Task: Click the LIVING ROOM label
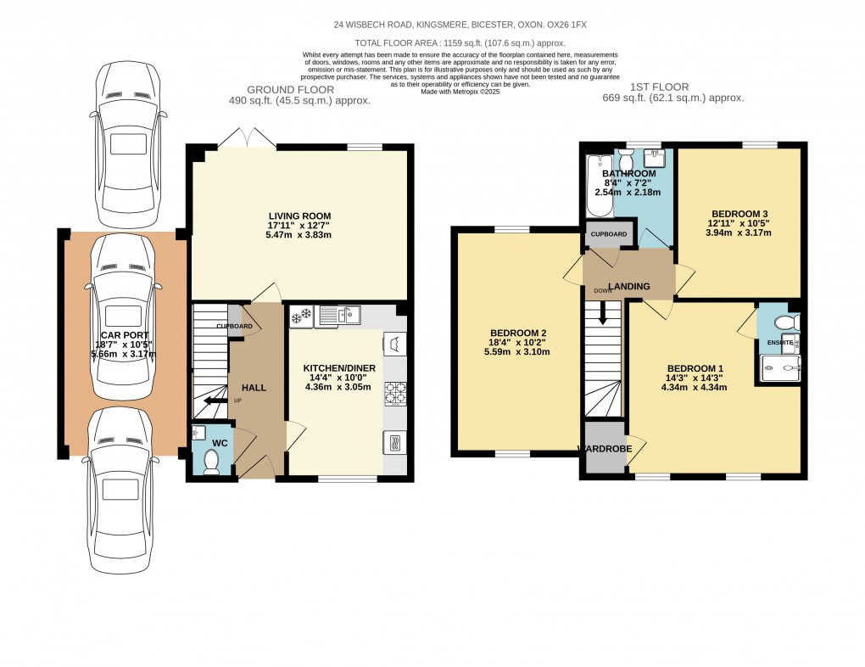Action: click(300, 216)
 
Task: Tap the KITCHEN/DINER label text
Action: click(339, 368)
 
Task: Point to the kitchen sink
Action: click(338, 317)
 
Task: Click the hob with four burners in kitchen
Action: click(395, 394)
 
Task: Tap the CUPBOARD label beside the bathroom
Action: click(608, 234)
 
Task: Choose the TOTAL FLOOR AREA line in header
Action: click(460, 42)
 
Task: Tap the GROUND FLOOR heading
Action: click(290, 89)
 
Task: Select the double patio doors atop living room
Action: click(246, 138)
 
